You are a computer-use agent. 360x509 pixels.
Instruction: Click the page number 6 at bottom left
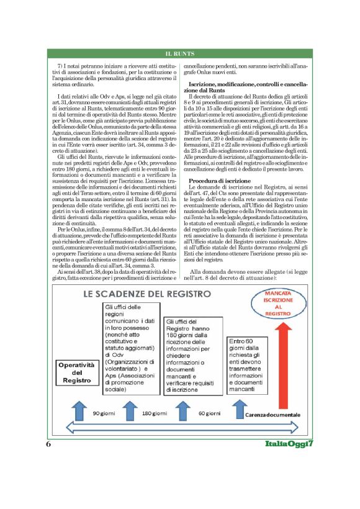click(x=48, y=444)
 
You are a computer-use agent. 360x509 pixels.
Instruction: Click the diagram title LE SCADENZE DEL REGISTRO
click(x=141, y=292)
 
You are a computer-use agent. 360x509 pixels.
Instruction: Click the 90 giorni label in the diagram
click(x=106, y=413)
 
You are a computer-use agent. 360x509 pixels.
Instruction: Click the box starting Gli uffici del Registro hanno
click(x=189, y=356)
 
